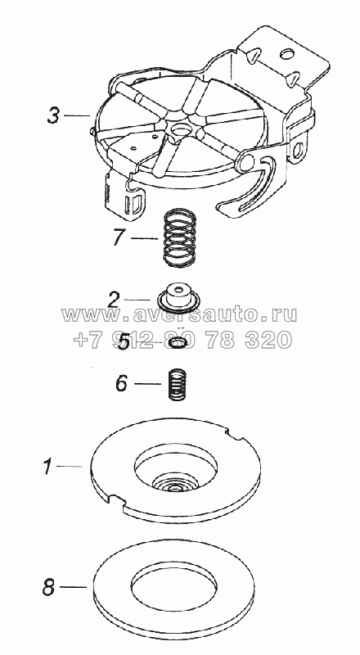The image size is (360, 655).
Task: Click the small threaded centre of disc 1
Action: coord(178,487)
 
